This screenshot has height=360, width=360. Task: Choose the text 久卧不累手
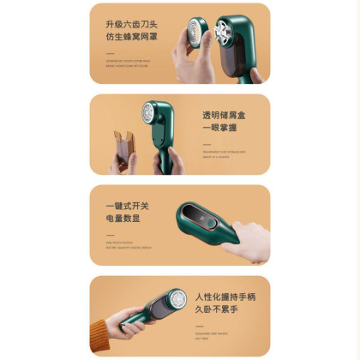click(217, 312)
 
